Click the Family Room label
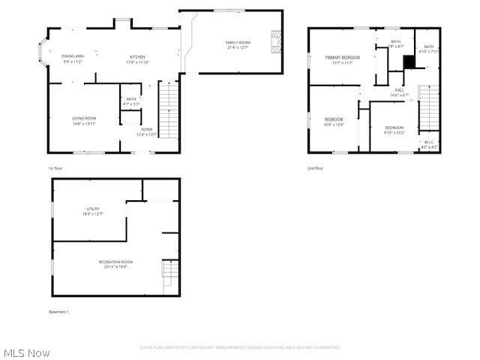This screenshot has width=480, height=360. click(237, 43)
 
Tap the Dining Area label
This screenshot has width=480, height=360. click(73, 57)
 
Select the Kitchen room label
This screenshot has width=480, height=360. click(137, 58)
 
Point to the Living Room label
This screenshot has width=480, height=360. click(84, 118)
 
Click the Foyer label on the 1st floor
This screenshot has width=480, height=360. click(146, 130)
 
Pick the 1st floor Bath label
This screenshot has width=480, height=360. click(131, 99)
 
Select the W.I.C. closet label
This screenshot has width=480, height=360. click(428, 142)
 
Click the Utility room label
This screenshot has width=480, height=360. click(91, 209)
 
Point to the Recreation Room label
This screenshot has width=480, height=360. click(112, 261)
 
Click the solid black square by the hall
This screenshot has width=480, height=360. click(409, 62)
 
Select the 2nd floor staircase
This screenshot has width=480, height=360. click(428, 109)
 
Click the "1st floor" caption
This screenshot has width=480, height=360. click(55, 168)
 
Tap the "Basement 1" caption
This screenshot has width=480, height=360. click(58, 311)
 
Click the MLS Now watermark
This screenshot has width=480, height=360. click(27, 352)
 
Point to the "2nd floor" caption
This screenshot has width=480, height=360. click(316, 168)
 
